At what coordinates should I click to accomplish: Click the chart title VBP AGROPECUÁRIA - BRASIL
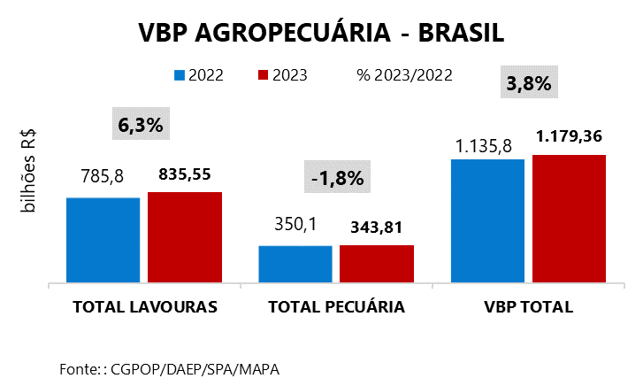(x=321, y=33)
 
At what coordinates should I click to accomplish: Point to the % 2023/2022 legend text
(x=404, y=75)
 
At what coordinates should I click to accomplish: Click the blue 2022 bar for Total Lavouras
(x=103, y=240)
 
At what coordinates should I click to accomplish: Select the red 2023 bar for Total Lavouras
(x=184, y=237)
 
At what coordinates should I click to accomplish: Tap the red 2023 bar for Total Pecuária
(x=376, y=264)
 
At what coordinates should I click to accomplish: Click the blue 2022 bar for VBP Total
(x=487, y=221)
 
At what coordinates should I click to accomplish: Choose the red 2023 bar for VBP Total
(x=569, y=219)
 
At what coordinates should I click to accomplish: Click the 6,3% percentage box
(x=141, y=125)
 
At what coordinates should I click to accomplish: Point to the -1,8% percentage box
(x=337, y=177)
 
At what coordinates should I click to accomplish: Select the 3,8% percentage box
(x=528, y=84)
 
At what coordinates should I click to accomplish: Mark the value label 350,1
(x=295, y=226)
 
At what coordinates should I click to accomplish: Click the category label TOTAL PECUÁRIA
(x=336, y=308)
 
